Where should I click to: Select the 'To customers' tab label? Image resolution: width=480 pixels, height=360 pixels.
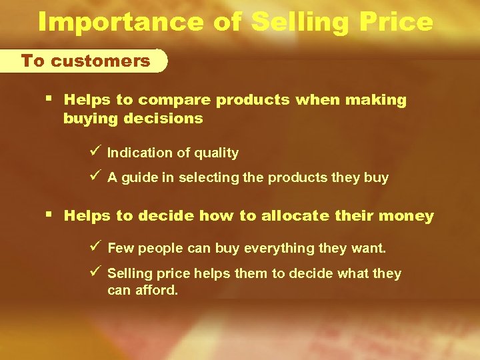click(86, 61)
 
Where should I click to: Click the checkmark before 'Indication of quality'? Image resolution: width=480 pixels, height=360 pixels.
click(95, 152)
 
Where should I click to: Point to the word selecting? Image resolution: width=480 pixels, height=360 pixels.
click(203, 178)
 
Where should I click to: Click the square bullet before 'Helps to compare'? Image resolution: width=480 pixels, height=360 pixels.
click(51, 99)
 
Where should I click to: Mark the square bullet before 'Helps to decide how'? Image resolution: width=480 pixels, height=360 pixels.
click(51, 215)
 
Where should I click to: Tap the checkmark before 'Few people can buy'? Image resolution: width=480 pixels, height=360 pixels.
click(95, 247)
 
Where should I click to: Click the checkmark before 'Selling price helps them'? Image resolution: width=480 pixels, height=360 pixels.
click(95, 273)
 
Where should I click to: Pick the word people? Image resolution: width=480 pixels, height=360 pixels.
click(156, 248)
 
